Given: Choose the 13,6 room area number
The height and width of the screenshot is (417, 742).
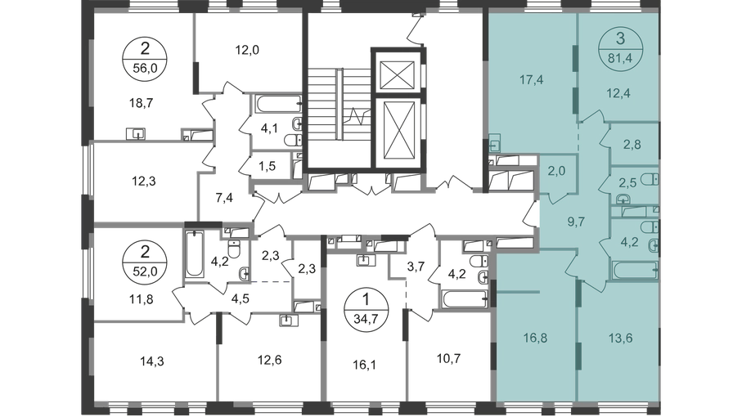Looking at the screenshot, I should click(618, 334).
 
